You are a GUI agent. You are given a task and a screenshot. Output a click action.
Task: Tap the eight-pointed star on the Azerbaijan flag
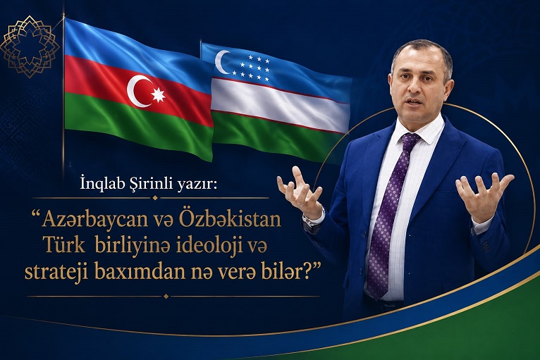tap(159, 94)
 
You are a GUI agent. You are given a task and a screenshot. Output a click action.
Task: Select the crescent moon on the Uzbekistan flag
tap(221, 62)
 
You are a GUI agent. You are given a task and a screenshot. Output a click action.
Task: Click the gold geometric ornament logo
tap(30, 46)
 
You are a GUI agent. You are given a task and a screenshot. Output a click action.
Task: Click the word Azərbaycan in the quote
tap(90, 221)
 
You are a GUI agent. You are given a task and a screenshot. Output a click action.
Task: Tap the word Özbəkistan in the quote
tap(229, 220)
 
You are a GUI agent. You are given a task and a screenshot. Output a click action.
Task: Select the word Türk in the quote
tap(63, 246)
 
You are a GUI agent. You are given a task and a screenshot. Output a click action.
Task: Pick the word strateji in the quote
tap(56, 273)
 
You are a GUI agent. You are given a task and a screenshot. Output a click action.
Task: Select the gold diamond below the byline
tap(155, 198)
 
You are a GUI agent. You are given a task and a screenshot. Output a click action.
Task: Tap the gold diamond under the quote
tap(166, 296)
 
